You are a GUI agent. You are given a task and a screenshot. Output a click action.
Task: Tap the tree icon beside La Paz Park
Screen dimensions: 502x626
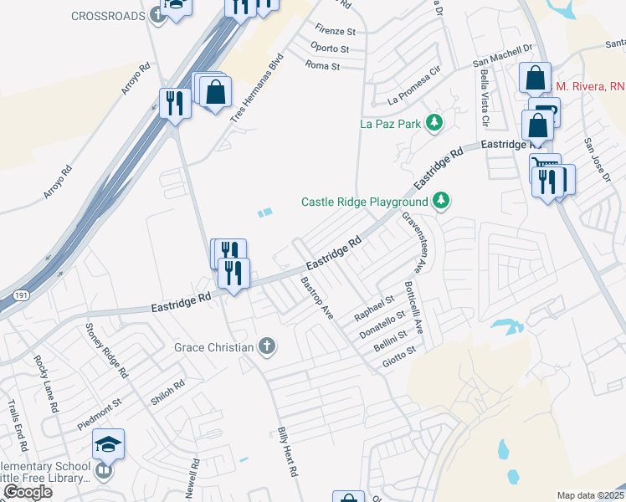[434, 125]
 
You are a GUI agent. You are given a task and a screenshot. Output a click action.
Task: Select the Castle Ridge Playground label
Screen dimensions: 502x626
[364, 202]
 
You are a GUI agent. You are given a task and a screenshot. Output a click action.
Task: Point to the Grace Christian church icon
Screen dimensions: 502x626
[266, 346]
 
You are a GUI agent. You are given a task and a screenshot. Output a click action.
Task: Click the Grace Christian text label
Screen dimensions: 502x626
[213, 347]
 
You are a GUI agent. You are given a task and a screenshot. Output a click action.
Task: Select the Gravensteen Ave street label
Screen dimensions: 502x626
[411, 241]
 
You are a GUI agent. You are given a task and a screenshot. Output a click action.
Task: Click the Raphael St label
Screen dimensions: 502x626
[374, 307]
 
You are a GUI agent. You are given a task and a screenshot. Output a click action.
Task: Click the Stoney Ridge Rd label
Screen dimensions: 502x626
[105, 351]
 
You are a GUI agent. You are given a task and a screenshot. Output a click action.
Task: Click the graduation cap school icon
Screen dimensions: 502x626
[108, 443]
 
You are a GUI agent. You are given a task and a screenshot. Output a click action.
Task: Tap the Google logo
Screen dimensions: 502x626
[28, 492]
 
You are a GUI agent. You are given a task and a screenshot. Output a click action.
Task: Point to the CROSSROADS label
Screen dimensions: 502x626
[108, 16]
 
